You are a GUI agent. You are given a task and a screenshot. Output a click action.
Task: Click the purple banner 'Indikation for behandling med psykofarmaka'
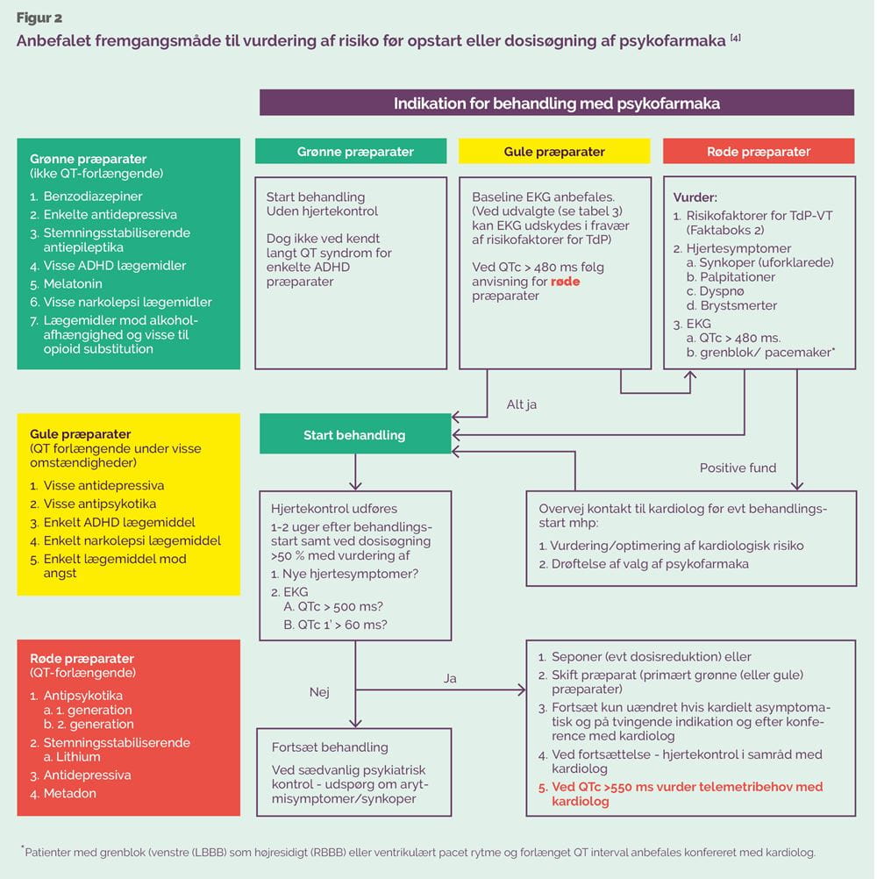557,103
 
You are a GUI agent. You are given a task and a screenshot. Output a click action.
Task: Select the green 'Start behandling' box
354,434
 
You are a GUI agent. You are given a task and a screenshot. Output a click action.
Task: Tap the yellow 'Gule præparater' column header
554,152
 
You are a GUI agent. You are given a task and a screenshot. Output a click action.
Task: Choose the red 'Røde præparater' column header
759,152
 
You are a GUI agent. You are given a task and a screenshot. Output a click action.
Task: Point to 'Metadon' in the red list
70,793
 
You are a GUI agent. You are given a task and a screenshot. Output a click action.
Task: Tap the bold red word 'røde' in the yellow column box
565,282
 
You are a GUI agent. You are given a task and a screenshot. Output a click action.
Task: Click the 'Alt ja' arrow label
521,404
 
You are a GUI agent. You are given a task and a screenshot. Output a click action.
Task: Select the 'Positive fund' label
738,468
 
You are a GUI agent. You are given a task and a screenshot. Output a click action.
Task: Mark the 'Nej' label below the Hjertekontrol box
319,692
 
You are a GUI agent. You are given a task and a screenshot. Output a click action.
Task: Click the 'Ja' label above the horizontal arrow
450,678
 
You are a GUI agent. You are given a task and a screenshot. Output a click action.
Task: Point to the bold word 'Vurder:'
695,197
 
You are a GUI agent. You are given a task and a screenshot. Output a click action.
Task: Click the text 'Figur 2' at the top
39,18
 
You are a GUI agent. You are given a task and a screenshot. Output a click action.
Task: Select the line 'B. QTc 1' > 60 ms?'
335,625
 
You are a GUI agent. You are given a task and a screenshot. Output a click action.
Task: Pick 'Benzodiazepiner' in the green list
93,197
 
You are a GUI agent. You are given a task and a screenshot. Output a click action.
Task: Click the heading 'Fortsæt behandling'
330,747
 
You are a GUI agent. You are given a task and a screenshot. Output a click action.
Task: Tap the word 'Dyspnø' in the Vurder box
722,291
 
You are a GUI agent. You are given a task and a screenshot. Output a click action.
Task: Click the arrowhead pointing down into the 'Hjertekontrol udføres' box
355,485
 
